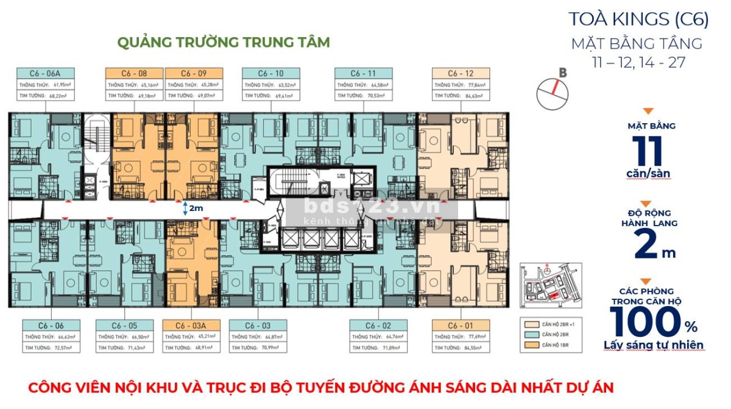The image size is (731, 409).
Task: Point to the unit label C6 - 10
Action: point(270,73)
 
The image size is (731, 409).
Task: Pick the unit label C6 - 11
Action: point(363,73)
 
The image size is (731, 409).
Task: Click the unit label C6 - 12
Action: point(461,73)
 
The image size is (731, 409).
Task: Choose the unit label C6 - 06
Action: point(51,325)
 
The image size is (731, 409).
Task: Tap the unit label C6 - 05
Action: point(124,325)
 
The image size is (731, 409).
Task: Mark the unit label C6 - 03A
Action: point(192,325)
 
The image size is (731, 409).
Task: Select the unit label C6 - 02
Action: point(378,325)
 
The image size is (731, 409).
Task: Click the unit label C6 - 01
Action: point(461,325)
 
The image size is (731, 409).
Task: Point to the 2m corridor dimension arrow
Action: point(186,208)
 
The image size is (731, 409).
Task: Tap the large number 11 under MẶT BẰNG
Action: point(648,150)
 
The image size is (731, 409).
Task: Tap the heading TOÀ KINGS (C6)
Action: point(638,19)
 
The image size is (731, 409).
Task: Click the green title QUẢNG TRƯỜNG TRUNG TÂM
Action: point(223,42)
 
